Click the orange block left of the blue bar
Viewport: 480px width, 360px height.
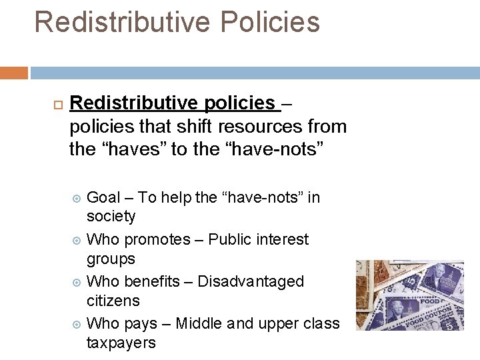point(13,73)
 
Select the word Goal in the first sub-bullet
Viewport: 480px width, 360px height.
point(103,197)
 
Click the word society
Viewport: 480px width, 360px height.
point(111,217)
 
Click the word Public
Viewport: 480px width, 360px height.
point(232,239)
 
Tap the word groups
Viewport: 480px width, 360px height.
point(111,259)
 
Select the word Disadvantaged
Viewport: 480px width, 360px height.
point(251,281)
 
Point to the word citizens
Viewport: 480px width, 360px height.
point(113,301)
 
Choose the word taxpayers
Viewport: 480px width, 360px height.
point(121,343)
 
